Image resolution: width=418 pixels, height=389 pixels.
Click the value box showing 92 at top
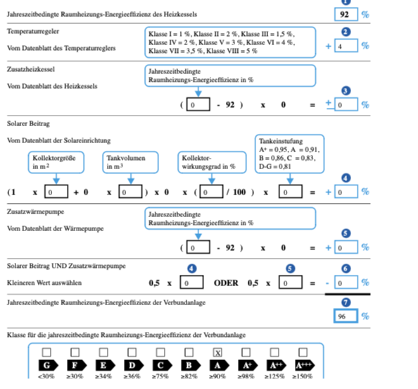[x=346, y=14]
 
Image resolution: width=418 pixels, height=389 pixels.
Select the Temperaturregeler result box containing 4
[x=346, y=45]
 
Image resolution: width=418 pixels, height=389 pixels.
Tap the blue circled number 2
[x=346, y=32]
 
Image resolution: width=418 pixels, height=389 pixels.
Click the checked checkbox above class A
[x=217, y=352]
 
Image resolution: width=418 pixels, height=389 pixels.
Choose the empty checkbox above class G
[x=46, y=352]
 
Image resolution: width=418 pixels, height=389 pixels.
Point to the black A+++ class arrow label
[x=305, y=365]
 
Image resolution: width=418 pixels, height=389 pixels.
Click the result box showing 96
[x=346, y=316]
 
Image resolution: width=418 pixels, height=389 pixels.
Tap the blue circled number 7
[x=346, y=302]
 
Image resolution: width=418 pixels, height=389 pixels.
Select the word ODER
[x=226, y=283]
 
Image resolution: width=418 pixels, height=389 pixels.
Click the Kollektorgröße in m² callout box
[x=56, y=162]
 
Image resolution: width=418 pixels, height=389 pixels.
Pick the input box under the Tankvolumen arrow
[x=130, y=192]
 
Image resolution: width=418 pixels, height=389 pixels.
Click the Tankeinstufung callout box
[x=289, y=154]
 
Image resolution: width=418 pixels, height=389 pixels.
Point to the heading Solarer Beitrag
[x=28, y=123]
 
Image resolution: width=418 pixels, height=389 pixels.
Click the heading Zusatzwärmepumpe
[x=35, y=211]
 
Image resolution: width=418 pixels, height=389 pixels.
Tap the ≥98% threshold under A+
[x=246, y=376]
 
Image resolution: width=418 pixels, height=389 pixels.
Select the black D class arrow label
[x=134, y=365]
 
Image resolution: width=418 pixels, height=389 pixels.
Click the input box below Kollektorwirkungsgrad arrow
[x=211, y=192]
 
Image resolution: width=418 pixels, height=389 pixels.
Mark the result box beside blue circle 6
[x=346, y=283]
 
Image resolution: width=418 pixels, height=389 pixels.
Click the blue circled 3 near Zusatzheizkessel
[x=346, y=91]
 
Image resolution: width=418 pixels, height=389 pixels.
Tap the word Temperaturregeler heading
[x=33, y=31]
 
